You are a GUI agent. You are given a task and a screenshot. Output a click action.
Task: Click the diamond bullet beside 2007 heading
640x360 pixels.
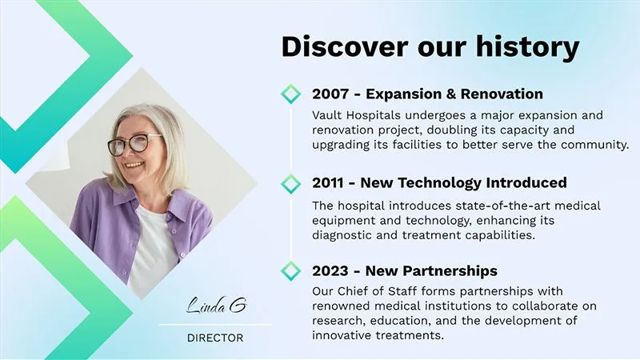coord(290,94)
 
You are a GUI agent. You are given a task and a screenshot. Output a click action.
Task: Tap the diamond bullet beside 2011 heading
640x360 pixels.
coord(290,183)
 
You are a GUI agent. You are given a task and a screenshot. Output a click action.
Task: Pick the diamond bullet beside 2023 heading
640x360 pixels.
coord(290,271)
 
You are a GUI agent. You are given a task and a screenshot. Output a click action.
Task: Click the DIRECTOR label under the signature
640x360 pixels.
coord(215,338)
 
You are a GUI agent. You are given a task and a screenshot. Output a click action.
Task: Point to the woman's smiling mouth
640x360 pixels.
coord(134,166)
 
